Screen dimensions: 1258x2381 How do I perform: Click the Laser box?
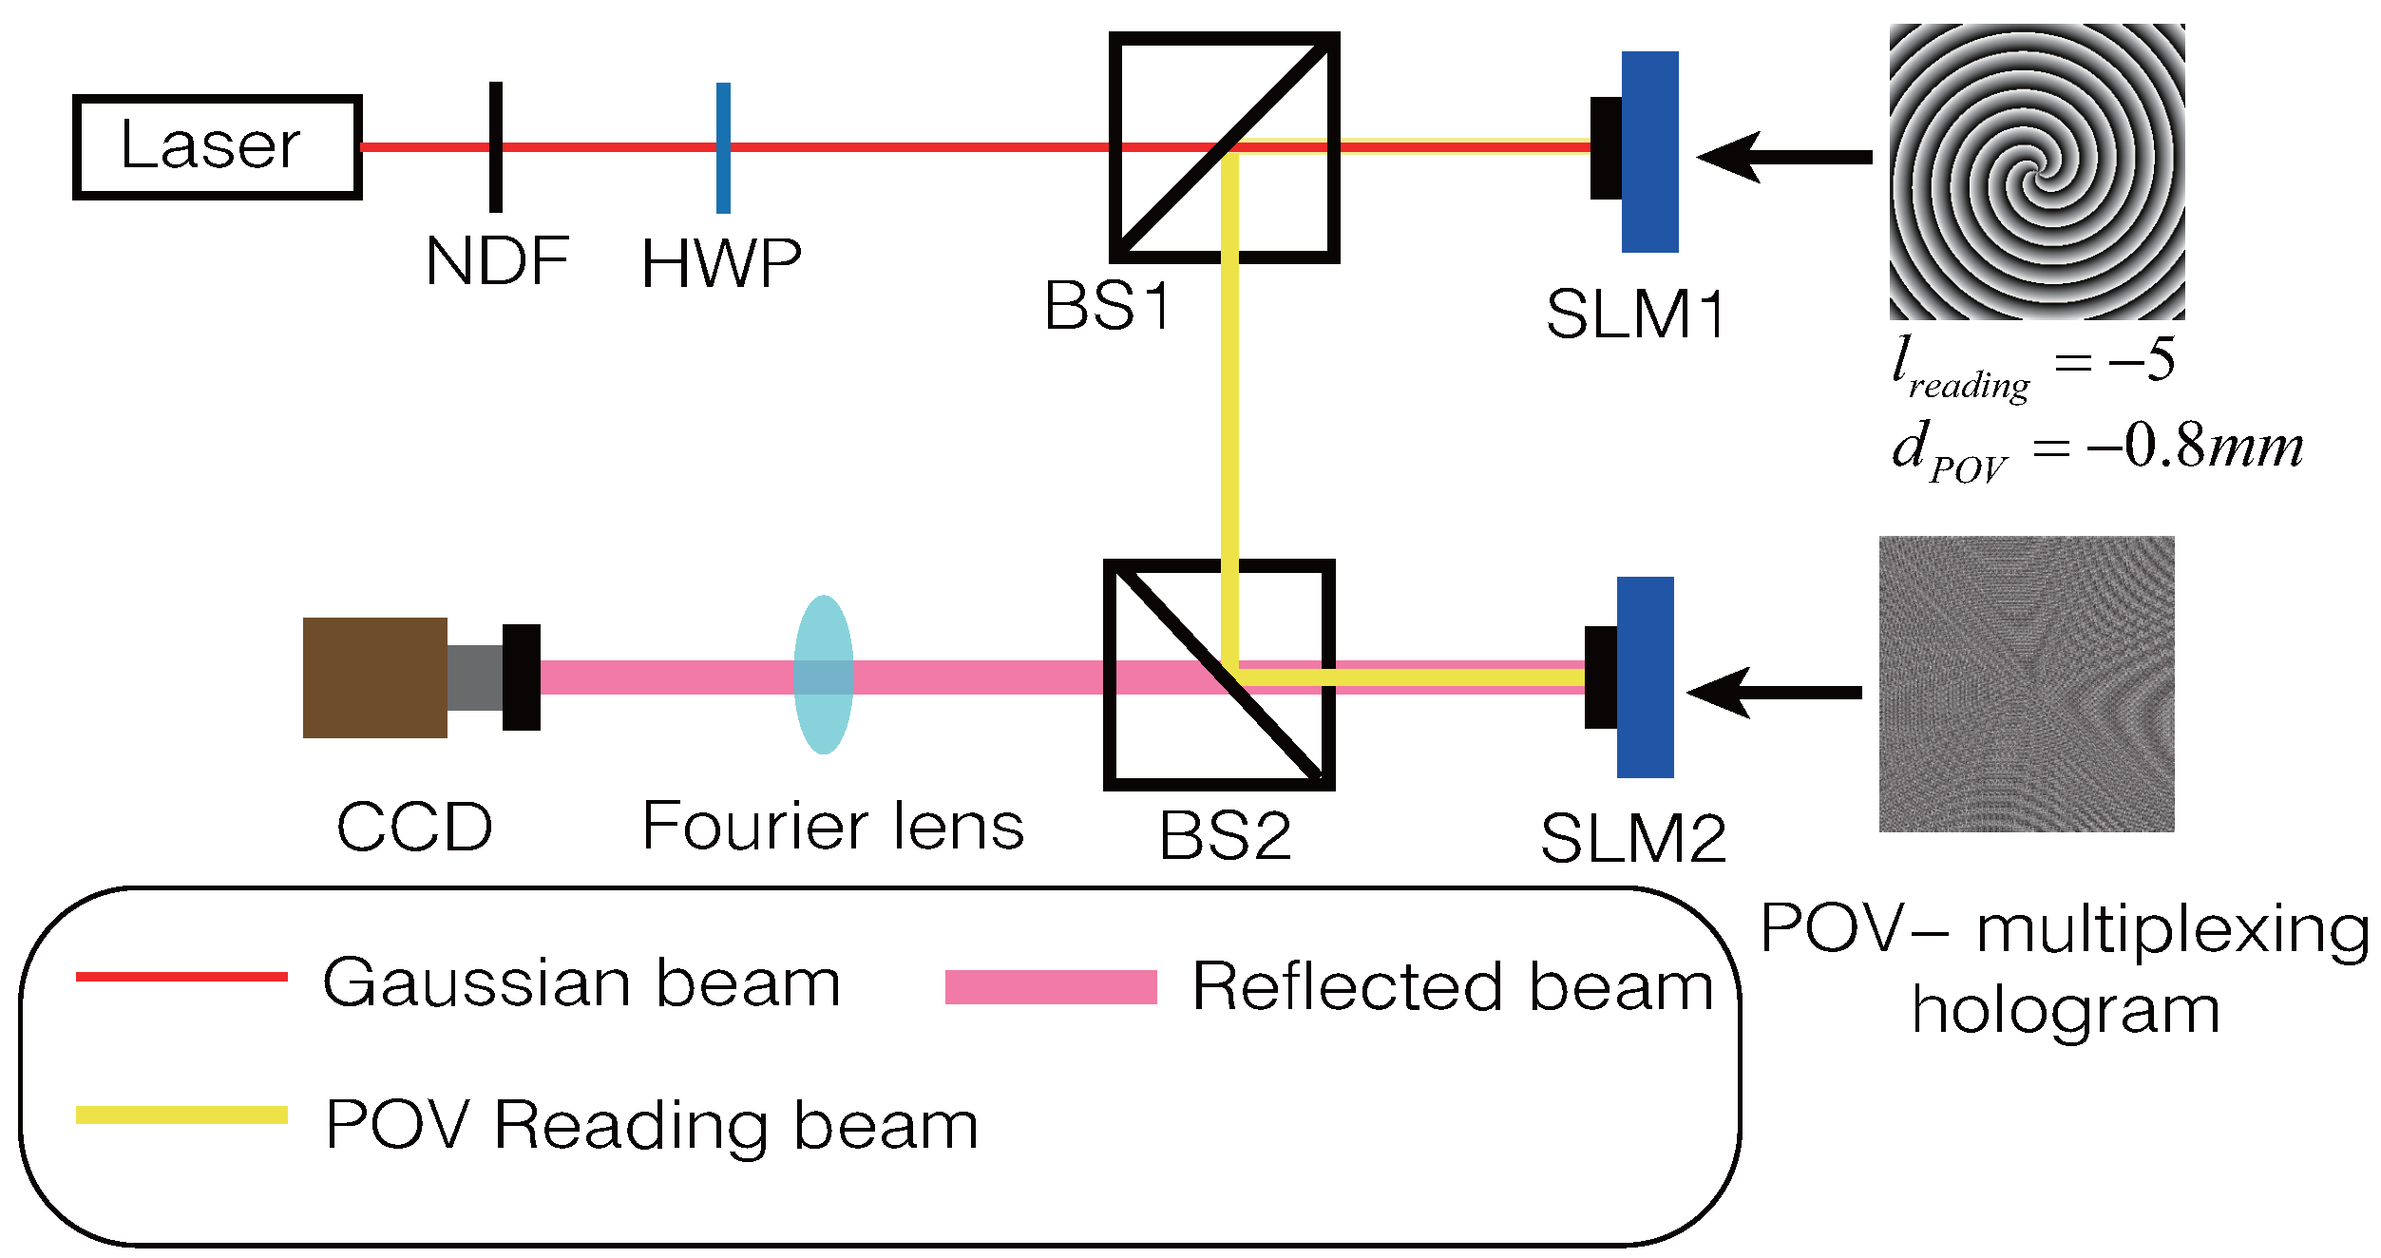point(217,147)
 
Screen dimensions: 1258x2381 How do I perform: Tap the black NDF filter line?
point(495,147)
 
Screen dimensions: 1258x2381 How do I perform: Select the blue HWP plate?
point(723,147)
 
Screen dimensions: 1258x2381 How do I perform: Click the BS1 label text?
point(1108,306)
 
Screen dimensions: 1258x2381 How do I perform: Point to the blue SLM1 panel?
point(1649,152)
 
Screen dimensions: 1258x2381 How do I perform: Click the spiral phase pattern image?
point(2036,171)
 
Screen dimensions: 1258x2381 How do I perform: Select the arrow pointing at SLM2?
point(1773,692)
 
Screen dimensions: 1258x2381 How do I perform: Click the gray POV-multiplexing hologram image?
point(2026,684)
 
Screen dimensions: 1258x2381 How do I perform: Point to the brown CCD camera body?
point(374,677)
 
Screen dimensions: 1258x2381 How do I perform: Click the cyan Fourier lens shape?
point(823,675)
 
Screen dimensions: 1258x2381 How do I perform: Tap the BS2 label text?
point(1225,836)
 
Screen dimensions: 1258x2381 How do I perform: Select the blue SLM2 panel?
point(1645,677)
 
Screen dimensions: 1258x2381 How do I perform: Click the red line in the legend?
point(181,977)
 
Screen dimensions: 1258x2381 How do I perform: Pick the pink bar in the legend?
point(1050,987)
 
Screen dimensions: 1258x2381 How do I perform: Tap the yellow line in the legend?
point(181,1115)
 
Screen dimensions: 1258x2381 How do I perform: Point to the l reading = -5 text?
point(2033,366)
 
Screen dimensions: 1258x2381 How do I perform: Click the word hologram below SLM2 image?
point(2066,1011)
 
